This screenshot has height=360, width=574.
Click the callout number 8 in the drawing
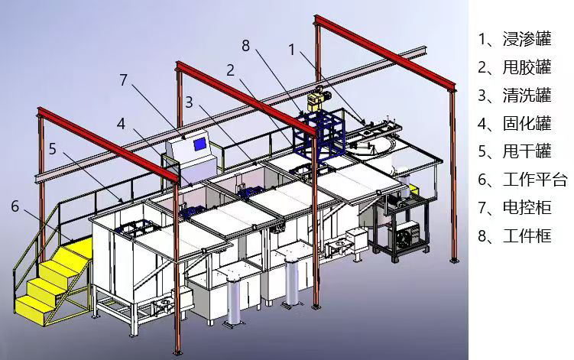pos(245,46)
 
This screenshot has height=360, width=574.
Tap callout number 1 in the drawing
pos(292,50)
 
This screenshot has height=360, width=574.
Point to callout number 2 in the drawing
pos(230,70)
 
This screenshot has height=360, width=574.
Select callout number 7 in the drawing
pos(123,79)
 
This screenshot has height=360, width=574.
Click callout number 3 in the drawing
pos(189,102)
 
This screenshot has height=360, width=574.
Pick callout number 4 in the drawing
pos(122,124)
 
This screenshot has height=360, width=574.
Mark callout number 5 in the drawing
pos(53,149)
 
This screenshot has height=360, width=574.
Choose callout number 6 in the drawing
pos(15,206)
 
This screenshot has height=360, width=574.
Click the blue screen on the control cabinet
pos(199,144)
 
